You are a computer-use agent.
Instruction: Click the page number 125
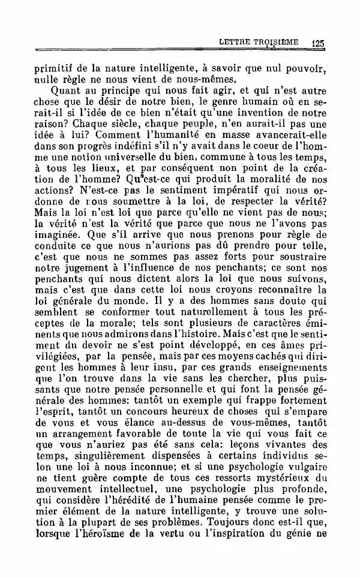click(x=317, y=43)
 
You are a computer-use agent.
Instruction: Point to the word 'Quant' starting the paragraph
click(x=65, y=91)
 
